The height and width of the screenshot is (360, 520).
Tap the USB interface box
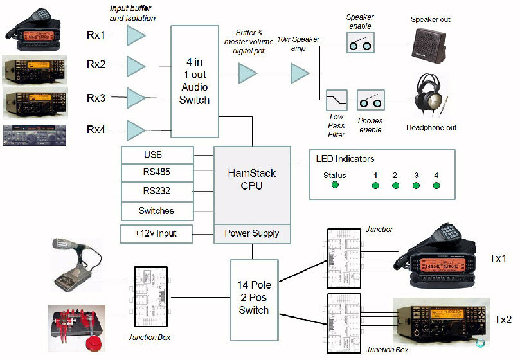point(157,155)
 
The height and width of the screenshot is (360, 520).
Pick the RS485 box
point(157,173)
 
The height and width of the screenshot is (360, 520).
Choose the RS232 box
point(157,192)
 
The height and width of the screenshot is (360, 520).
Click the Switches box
point(157,210)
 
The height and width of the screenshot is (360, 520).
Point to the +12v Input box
point(157,233)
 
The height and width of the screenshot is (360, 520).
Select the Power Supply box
point(251,233)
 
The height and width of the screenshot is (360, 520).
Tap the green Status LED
point(335,186)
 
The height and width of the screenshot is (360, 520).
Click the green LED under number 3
point(416,186)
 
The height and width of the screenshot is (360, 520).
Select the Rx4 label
point(96,130)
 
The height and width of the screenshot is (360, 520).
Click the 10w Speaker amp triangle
point(300,73)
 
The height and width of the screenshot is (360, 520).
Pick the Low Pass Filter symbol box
point(337,102)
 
